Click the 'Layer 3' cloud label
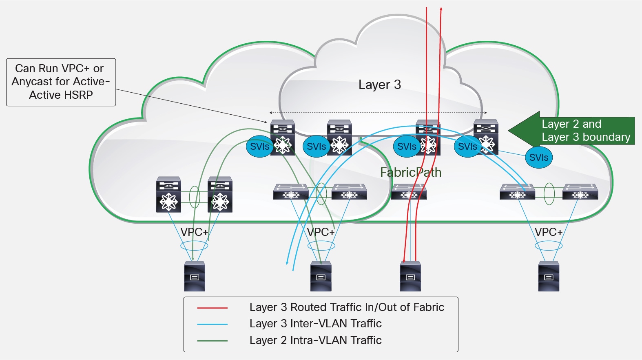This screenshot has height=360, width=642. [x=379, y=84]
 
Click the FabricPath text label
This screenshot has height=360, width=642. [x=410, y=172]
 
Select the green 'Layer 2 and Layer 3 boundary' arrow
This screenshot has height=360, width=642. [x=571, y=131]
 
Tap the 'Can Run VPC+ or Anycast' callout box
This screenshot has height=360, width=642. [x=61, y=82]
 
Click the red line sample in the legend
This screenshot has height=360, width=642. [x=212, y=308]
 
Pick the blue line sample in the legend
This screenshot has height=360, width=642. [x=212, y=324]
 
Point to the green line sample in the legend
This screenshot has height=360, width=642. [x=212, y=340]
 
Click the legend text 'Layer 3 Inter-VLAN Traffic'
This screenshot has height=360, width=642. [x=315, y=324]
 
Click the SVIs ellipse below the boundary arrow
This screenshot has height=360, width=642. [x=538, y=158]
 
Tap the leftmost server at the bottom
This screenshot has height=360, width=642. [x=195, y=276]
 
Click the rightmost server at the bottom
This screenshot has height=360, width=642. [x=549, y=276]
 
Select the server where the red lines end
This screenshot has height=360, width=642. [x=410, y=276]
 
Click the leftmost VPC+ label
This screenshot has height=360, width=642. [x=194, y=232]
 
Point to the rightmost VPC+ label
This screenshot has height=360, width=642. [x=548, y=232]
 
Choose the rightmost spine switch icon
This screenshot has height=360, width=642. [x=486, y=137]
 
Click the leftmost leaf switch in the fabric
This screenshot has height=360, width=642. [x=168, y=194]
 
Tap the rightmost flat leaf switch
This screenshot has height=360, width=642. [x=580, y=191]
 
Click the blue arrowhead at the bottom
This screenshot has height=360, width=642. [x=287, y=262]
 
